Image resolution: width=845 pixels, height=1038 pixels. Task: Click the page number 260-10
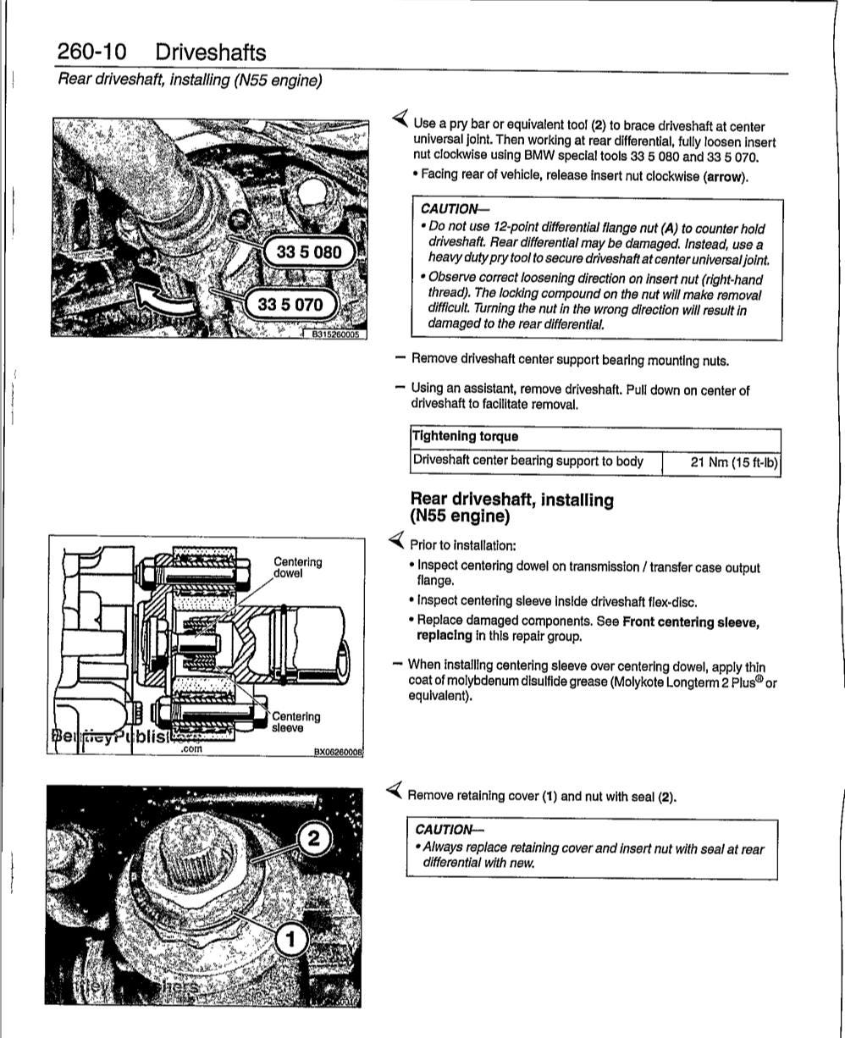click(x=91, y=52)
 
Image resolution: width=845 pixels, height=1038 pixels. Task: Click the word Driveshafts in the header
click(x=211, y=52)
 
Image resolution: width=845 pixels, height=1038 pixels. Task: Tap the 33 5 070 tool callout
click(x=290, y=304)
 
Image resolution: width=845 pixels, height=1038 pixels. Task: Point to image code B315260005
click(x=335, y=334)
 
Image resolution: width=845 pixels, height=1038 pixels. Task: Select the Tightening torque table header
click(x=465, y=437)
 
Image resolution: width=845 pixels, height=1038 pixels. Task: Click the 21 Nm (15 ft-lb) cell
click(x=734, y=462)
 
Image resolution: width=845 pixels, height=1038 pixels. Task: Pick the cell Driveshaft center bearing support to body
click(x=527, y=462)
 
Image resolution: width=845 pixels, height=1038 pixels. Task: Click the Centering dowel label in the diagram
click(x=297, y=567)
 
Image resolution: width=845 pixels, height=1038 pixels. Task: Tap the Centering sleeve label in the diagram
click(x=295, y=721)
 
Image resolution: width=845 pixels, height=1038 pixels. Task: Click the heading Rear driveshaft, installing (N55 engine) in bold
click(x=511, y=507)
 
